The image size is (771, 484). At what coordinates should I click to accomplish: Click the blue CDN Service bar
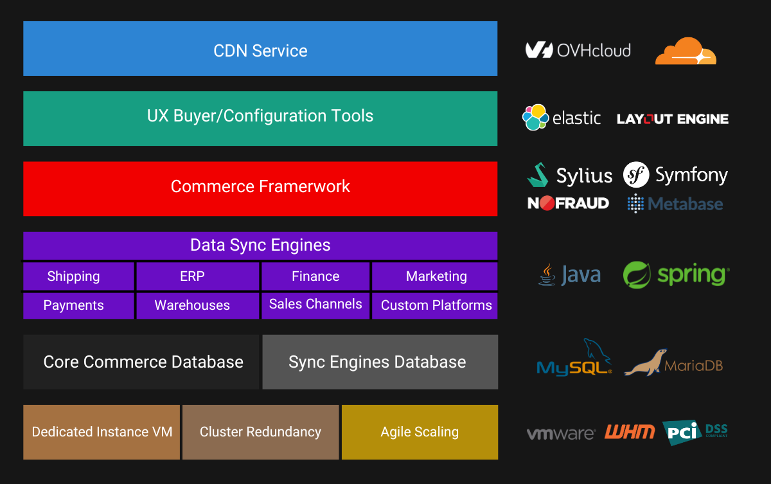pos(260,49)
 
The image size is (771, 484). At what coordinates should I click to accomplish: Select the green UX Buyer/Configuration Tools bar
pos(260,118)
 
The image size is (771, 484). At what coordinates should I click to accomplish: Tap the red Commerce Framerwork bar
pos(260,188)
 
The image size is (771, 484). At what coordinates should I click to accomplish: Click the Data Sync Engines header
pos(260,246)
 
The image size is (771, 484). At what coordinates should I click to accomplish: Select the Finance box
pos(315,276)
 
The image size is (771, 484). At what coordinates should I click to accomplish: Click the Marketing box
pos(435,276)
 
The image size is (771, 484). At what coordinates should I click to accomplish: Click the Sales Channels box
pos(315,305)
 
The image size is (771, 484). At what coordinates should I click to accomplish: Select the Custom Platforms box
pos(435,305)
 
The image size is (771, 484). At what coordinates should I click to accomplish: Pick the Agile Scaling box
pos(420,432)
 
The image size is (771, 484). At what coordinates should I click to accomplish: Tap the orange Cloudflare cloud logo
pos(685,51)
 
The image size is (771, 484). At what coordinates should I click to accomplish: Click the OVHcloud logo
pos(578,50)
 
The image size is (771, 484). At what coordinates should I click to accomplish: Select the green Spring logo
pos(676,275)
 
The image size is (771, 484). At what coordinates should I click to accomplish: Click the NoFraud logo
pos(568,204)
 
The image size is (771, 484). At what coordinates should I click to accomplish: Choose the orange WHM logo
pos(629,432)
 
